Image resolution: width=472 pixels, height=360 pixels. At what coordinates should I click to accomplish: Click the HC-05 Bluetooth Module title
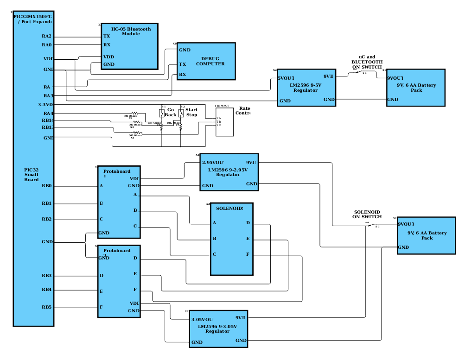(131, 31)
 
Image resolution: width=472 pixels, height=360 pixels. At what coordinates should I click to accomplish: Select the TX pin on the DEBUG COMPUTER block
(183, 64)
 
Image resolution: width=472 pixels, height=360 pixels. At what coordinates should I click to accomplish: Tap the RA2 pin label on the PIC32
(46, 36)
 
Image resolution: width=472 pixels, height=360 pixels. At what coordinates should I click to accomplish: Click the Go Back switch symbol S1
(162, 113)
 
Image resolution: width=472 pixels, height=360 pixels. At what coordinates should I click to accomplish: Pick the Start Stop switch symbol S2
(181, 113)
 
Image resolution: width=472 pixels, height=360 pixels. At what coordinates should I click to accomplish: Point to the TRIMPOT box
(224, 122)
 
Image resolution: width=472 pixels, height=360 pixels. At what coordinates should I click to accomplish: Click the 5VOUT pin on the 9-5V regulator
(286, 78)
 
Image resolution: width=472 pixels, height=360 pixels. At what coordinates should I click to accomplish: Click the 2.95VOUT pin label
(213, 163)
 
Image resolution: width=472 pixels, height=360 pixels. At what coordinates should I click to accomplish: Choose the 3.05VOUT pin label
(202, 320)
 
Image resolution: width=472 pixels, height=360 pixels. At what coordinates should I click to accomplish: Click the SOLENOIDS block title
(230, 208)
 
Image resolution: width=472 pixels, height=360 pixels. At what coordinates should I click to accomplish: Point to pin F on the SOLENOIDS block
(248, 254)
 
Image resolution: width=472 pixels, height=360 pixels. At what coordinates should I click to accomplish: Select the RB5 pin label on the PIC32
(46, 307)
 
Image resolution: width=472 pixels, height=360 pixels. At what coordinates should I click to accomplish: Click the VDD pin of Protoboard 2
(134, 303)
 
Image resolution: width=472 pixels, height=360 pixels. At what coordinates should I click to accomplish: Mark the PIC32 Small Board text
(31, 175)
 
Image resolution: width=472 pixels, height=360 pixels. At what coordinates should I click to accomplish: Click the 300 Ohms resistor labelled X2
(135, 113)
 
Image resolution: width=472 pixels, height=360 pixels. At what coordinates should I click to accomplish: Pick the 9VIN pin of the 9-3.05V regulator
(240, 318)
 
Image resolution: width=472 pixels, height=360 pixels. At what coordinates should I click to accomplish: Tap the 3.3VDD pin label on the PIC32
(45, 105)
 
